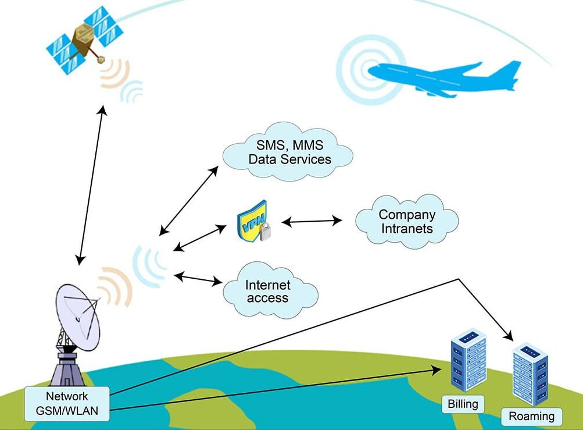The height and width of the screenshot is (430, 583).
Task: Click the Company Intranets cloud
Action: pos(407,222)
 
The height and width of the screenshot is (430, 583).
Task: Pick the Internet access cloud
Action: pos(269,292)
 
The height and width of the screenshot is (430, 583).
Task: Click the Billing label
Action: pos(463,403)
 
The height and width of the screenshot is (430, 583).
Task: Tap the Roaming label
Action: pos(531,416)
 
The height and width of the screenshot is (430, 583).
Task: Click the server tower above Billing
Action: pos(467,358)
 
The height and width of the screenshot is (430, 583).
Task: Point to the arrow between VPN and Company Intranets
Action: pos(312,221)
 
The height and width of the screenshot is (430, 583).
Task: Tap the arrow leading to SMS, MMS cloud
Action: pos(189,200)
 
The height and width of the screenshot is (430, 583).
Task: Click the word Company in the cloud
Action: pos(407,215)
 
